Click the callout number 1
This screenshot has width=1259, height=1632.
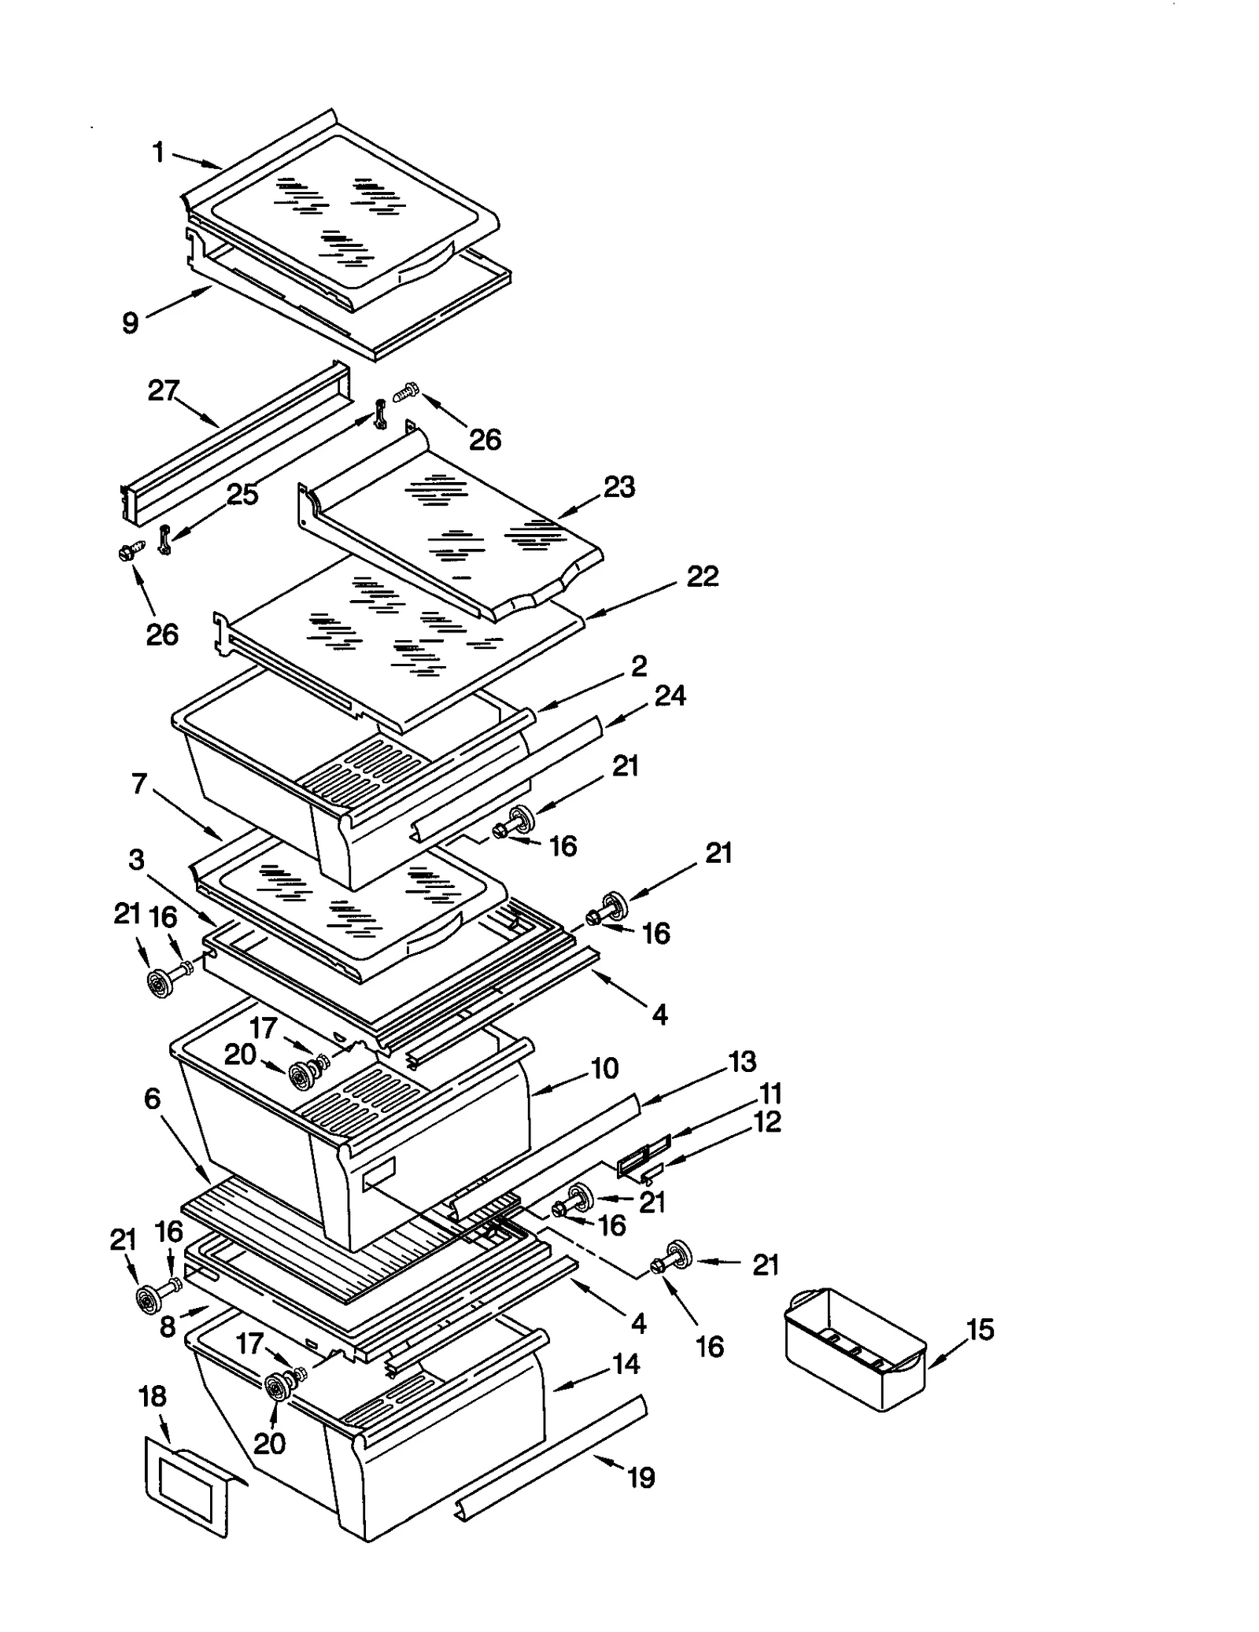click(x=158, y=152)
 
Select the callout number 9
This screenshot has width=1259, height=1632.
click(x=131, y=322)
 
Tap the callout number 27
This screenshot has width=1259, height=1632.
click(x=164, y=390)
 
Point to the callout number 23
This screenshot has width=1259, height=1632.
click(x=618, y=487)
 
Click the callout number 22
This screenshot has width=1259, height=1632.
click(x=702, y=577)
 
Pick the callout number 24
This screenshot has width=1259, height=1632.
click(x=670, y=695)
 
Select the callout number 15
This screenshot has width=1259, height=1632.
click(x=980, y=1329)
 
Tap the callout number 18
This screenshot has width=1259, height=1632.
click(x=153, y=1396)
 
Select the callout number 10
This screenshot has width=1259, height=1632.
click(x=604, y=1068)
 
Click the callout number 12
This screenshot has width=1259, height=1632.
click(x=767, y=1122)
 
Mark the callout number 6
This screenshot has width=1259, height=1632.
click(x=152, y=1098)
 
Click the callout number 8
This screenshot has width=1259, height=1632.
click(x=168, y=1327)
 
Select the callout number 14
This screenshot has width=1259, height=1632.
click(x=626, y=1364)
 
